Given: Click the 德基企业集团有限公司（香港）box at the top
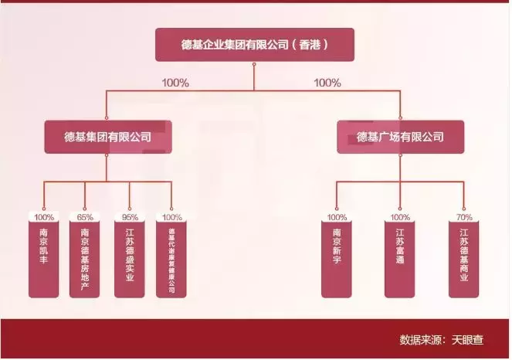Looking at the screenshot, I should [x=255, y=45].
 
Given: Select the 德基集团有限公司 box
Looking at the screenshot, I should [x=107, y=137].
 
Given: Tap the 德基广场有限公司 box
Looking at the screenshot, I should [x=400, y=137].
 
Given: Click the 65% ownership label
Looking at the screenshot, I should [x=85, y=217].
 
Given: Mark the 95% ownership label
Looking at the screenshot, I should [x=129, y=217].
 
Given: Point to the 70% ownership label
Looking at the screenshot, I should [x=464, y=217].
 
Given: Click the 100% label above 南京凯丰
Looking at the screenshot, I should [x=43, y=217].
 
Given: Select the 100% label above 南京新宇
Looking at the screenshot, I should [x=337, y=217].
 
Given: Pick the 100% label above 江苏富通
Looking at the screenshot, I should [x=400, y=217].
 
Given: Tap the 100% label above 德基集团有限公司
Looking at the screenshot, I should [x=175, y=83].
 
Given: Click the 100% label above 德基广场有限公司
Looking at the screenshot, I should [x=327, y=83].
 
